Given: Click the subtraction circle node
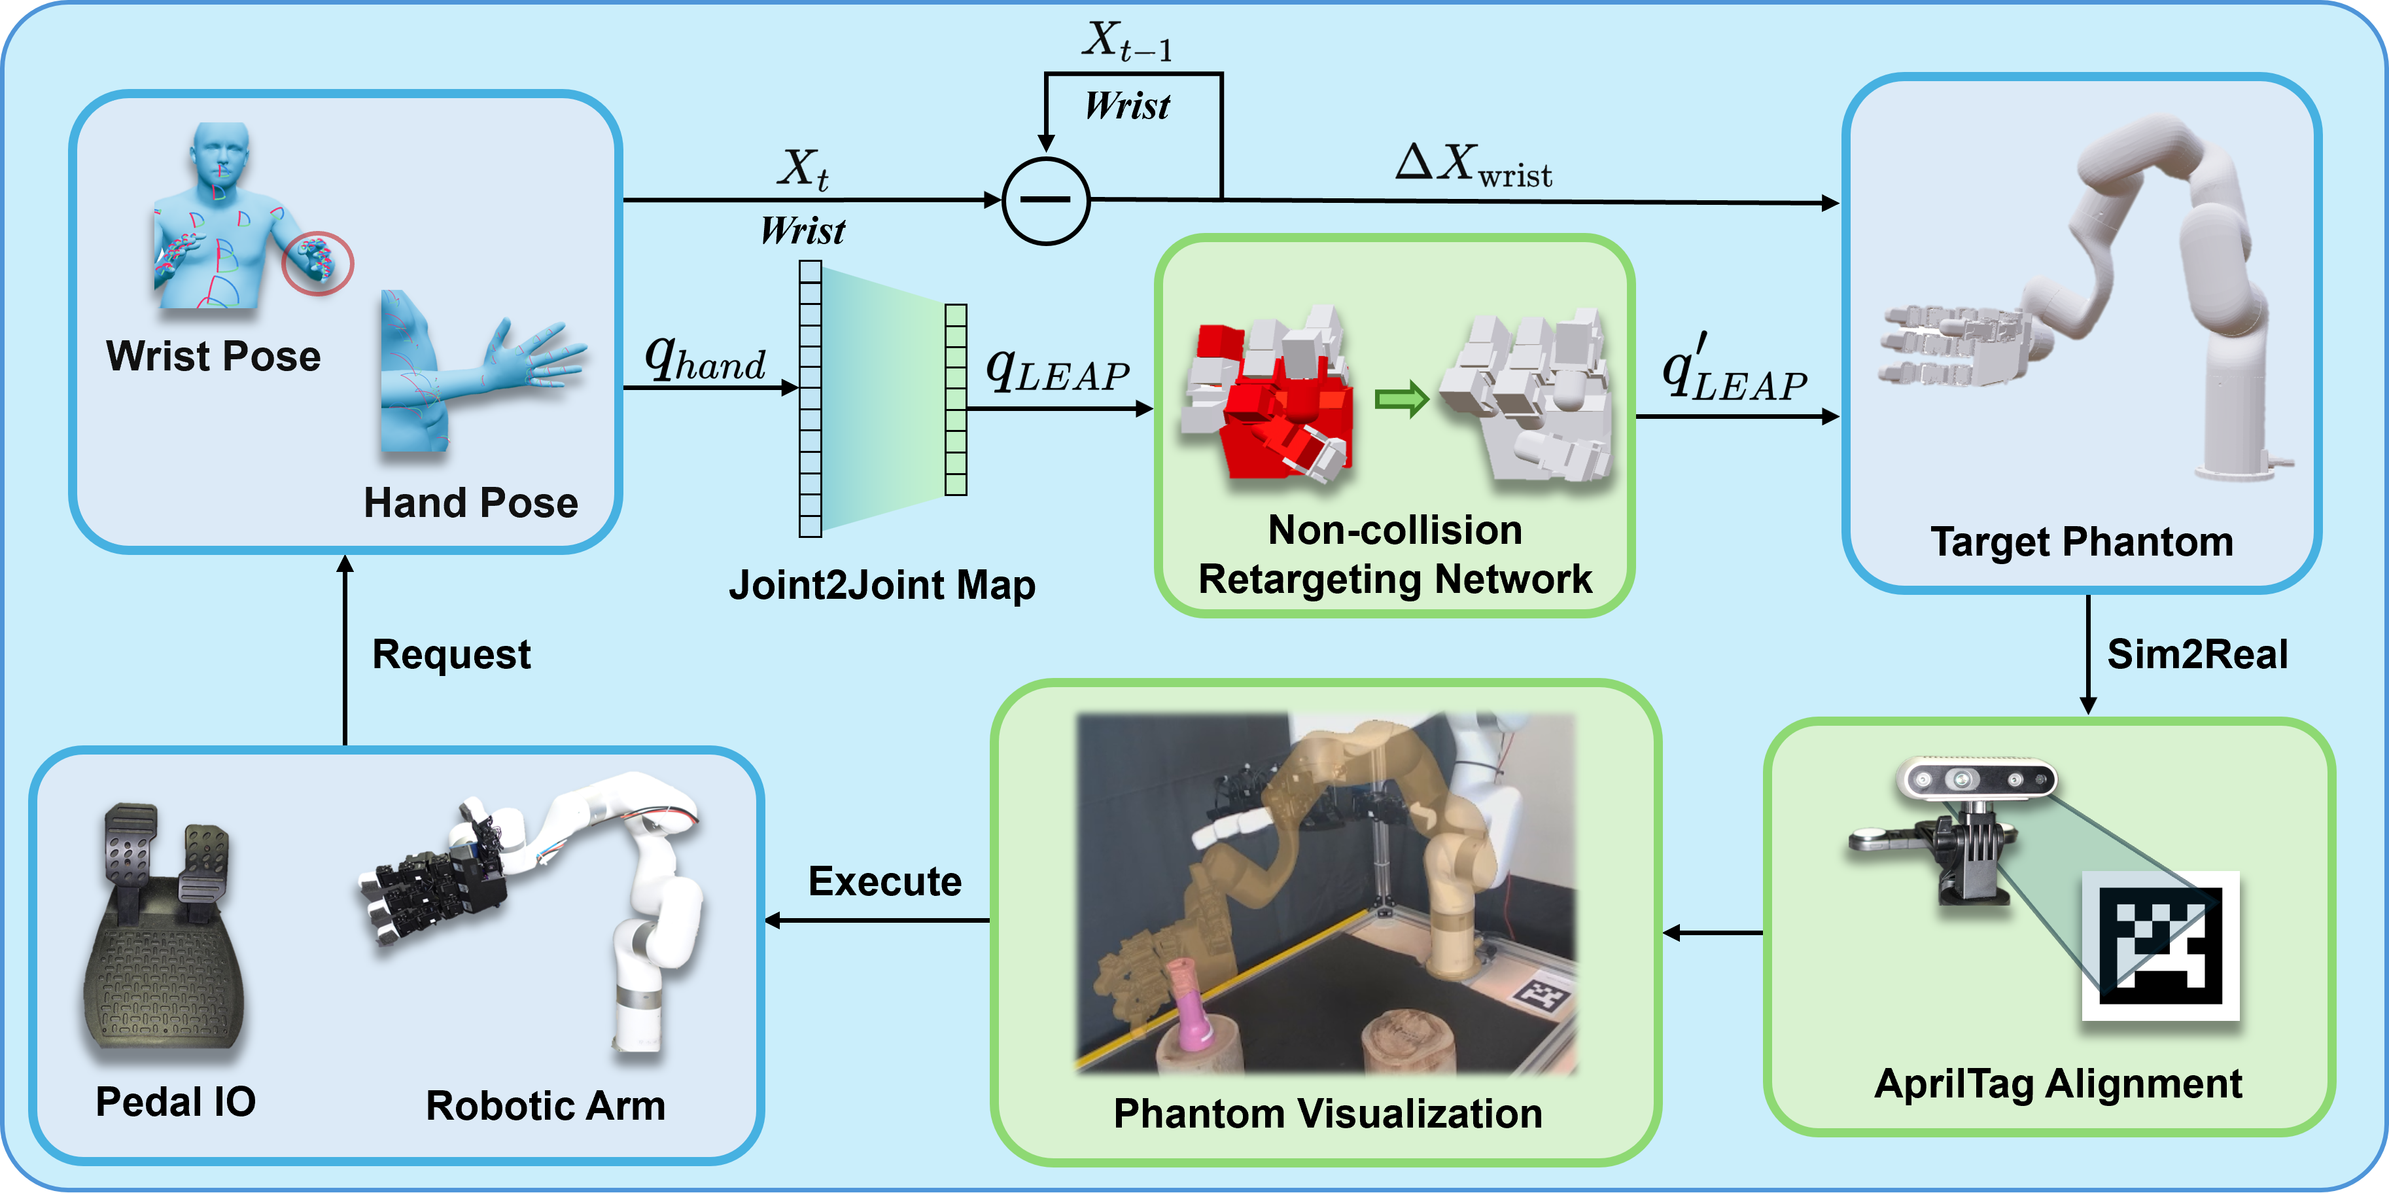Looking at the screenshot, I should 1046,200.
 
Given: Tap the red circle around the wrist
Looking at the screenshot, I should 317,262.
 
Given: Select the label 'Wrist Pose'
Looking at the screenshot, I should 213,356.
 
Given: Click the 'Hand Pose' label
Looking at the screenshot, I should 470,503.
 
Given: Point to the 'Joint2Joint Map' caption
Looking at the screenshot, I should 881,585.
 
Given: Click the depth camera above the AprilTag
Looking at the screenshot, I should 1976,779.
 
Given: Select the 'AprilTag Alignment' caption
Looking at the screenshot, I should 2058,1084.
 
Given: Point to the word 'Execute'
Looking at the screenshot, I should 884,881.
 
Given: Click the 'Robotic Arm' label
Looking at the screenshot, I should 546,1106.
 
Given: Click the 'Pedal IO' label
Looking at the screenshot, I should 175,1102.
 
